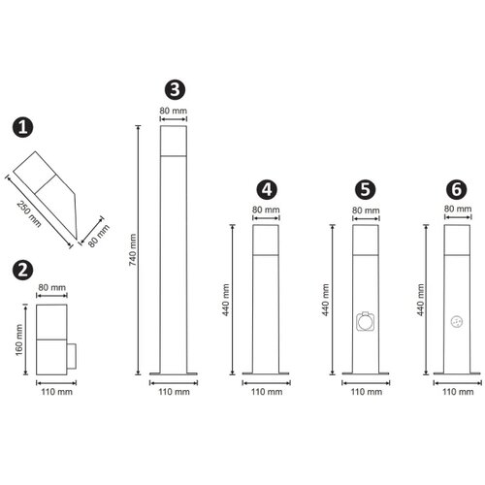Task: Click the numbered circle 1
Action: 22,127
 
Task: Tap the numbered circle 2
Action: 22,270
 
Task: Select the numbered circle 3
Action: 175,89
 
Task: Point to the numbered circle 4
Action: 267,190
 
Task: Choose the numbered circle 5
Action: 365,190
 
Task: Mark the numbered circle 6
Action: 457,190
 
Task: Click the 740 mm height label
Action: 133,250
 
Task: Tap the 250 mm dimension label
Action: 29,214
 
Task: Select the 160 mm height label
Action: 19,339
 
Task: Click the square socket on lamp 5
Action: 366,321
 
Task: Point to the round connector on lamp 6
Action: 457,322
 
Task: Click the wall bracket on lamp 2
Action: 72,357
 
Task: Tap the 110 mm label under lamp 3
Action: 174,392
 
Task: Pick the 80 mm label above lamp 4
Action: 266,210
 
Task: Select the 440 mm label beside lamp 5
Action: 326,300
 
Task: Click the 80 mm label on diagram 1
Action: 99,236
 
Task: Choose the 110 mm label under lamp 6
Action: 458,392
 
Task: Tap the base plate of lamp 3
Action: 174,373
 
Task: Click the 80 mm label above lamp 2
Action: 51,287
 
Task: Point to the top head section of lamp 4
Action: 266,240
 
